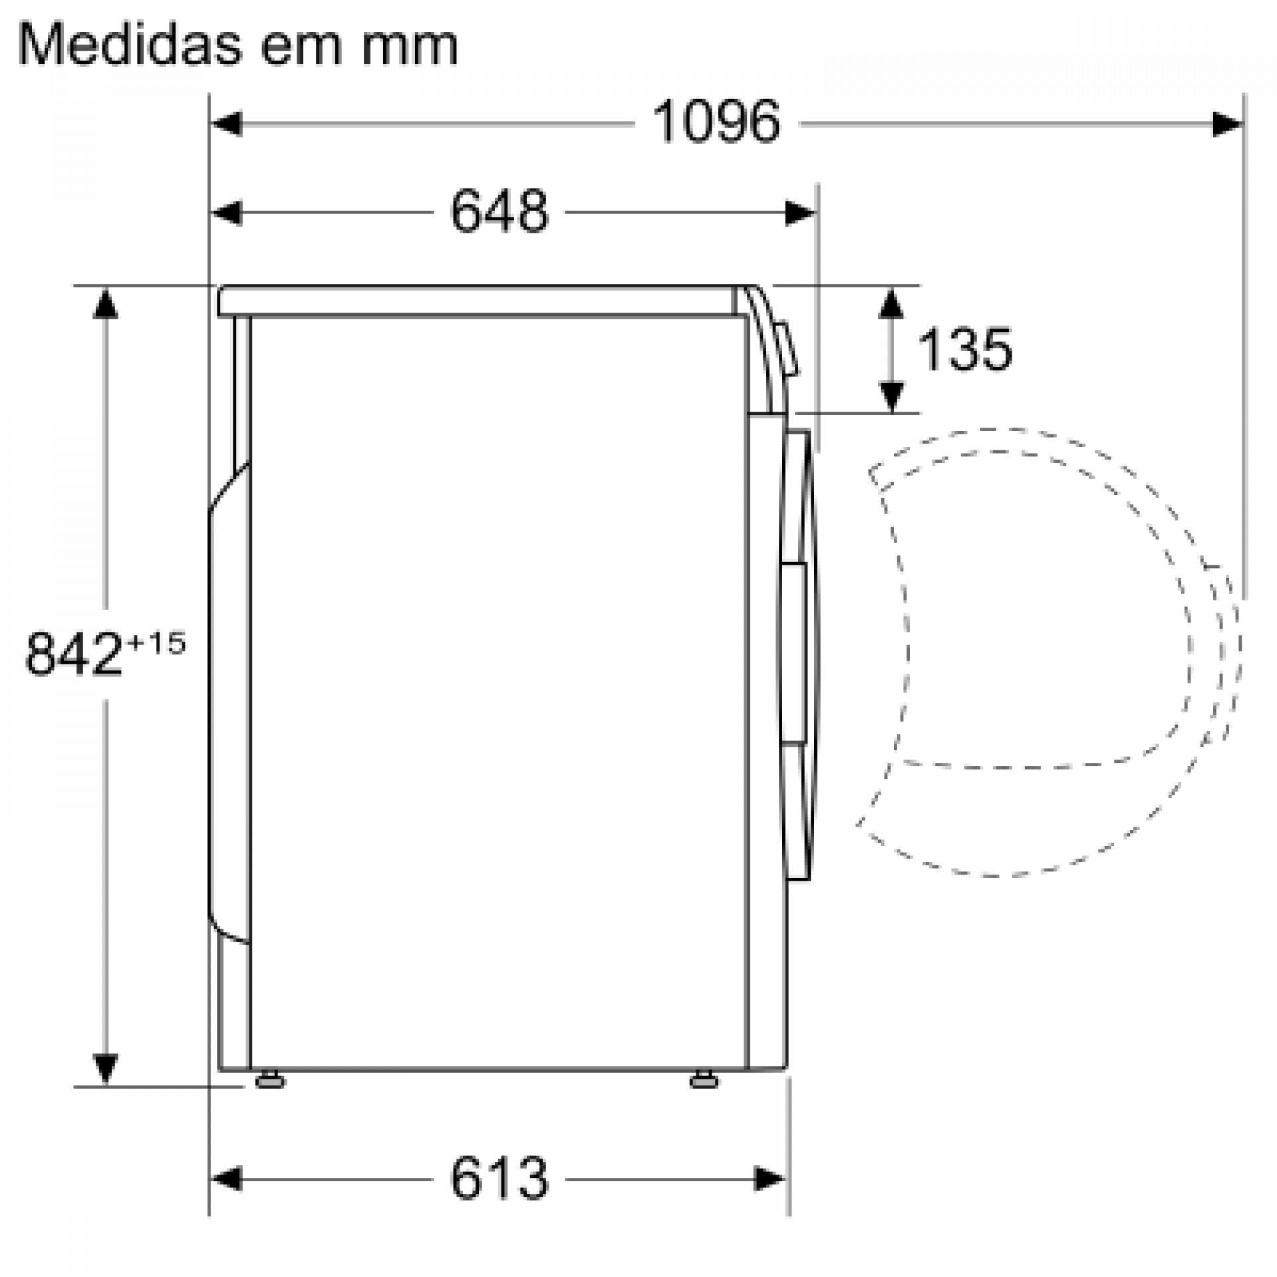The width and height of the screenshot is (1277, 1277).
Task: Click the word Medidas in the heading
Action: click(x=130, y=45)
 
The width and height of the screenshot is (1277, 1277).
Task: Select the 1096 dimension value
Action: click(x=716, y=122)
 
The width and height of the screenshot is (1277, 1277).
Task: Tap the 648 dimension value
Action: click(x=499, y=212)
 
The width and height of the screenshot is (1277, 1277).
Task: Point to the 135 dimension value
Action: click(x=964, y=349)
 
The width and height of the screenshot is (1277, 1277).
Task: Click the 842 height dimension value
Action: click(x=73, y=654)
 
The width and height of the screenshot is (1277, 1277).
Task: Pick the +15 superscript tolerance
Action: click(x=157, y=643)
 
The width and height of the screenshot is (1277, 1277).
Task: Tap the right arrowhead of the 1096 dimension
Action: click(x=1227, y=124)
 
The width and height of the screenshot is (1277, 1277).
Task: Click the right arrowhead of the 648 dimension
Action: click(x=799, y=213)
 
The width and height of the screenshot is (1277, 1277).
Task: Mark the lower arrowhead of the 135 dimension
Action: click(x=891, y=396)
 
